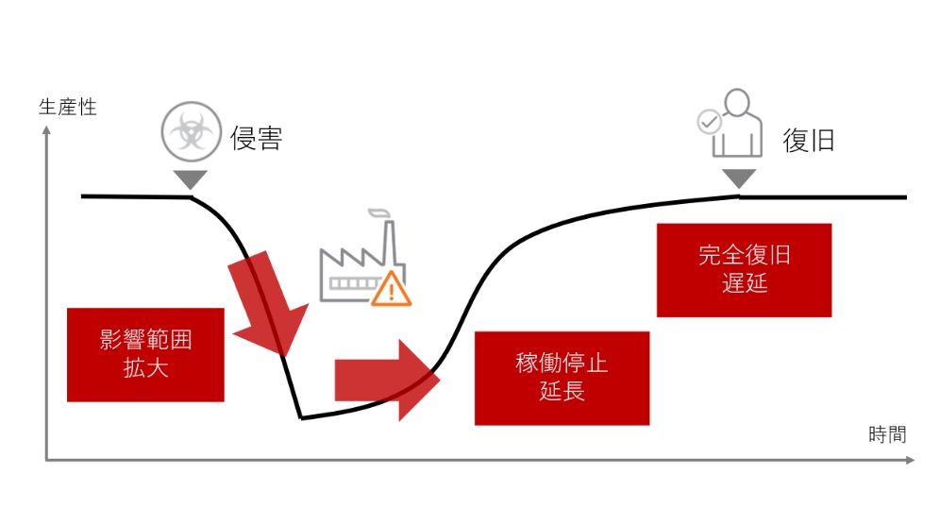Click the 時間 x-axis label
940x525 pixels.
(x=886, y=434)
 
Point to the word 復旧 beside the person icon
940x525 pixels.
(x=809, y=141)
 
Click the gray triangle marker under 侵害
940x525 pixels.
(x=191, y=178)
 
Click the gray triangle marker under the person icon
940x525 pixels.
(x=739, y=178)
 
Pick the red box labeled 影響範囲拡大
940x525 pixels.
(x=146, y=354)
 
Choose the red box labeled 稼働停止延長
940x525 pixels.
(x=562, y=377)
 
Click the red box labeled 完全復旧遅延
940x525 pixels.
(x=744, y=269)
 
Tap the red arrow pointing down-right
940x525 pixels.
(x=270, y=302)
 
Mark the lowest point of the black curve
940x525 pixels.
(x=301, y=417)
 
